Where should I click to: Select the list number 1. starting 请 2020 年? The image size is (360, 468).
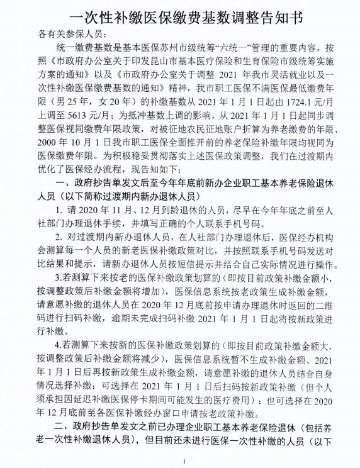[x=59, y=226]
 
